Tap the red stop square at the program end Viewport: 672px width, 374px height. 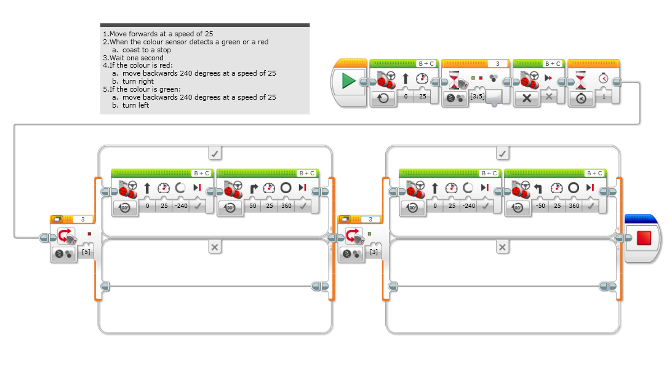click(x=644, y=237)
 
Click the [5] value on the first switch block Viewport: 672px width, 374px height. click(x=86, y=252)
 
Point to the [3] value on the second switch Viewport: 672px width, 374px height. click(x=374, y=252)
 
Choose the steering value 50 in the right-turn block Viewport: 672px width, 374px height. click(x=253, y=206)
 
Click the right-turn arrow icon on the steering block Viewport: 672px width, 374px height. click(x=253, y=188)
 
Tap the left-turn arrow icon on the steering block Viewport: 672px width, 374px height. click(x=540, y=188)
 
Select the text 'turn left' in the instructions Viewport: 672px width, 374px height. click(x=135, y=105)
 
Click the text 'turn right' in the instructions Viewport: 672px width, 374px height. click(x=138, y=81)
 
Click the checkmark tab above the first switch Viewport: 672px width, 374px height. click(x=215, y=152)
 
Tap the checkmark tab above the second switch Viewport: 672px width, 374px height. click(x=503, y=152)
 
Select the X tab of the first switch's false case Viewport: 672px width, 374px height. click(x=215, y=247)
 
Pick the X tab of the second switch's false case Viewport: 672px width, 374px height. click(x=503, y=247)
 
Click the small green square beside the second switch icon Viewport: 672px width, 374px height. click(x=369, y=234)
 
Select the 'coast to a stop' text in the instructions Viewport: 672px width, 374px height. click(x=146, y=50)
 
